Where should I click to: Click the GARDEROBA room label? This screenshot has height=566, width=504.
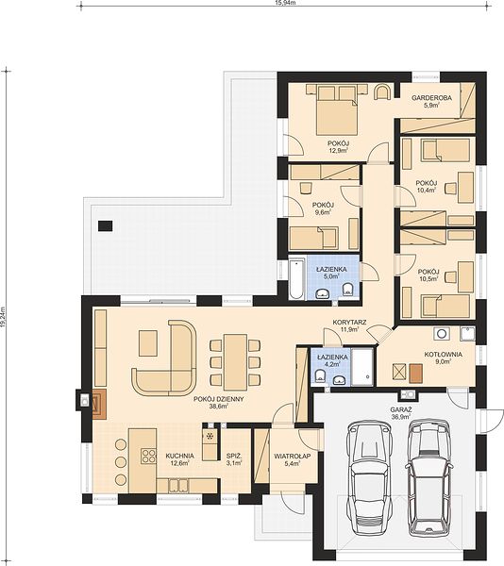coord(431,97)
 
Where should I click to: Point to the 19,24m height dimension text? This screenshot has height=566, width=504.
coord(3,317)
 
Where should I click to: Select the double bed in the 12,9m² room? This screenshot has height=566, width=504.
coord(337,110)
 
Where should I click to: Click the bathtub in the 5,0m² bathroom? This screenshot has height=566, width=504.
coord(296,278)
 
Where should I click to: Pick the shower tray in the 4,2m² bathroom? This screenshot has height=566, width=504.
coord(363,367)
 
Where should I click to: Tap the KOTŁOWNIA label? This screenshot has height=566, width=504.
coord(443,355)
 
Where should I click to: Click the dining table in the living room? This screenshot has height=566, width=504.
coord(235,362)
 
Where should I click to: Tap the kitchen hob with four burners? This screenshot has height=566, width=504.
coord(148,456)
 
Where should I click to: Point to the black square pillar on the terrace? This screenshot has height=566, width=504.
coord(105,226)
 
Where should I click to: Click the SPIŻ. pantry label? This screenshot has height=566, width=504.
coord(233,456)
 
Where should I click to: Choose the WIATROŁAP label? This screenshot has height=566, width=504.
coord(292,457)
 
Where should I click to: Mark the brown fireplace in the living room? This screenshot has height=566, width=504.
coord(99,404)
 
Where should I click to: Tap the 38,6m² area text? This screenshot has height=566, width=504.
coord(218,406)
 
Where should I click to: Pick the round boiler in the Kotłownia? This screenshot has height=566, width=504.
coord(442,333)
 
